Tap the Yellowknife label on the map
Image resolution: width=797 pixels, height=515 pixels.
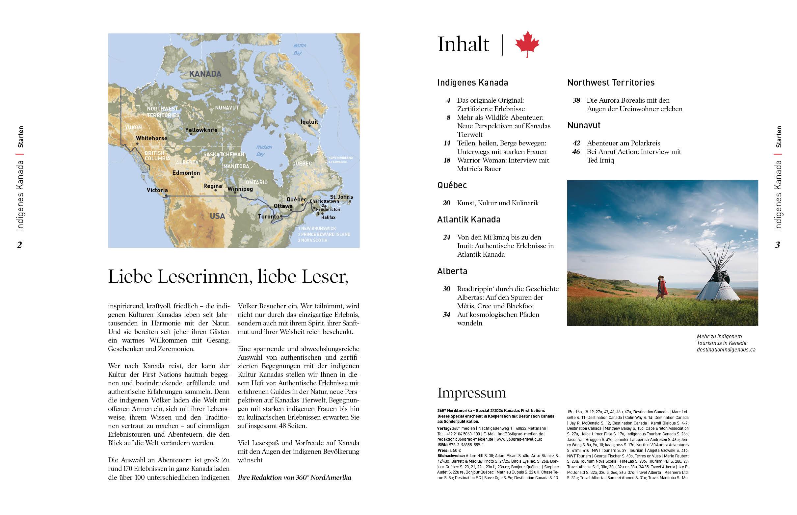tap(201, 130)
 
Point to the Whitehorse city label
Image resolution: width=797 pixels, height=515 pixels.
tap(151, 138)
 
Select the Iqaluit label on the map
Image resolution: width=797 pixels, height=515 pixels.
tap(309, 122)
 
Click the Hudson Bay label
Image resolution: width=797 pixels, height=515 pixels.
tap(264, 150)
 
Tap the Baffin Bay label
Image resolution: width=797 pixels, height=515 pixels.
tap(299, 49)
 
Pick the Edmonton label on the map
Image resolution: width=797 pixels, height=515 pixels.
tap(186, 173)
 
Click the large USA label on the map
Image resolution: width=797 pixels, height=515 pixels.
tap(217, 216)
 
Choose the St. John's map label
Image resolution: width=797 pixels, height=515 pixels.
tap(341, 197)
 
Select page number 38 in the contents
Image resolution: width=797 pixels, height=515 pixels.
tap(576, 100)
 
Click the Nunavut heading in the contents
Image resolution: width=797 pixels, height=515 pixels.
tap(584, 125)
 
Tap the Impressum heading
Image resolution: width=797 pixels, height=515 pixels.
tap(471, 393)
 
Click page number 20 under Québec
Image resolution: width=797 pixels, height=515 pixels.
tap(446, 203)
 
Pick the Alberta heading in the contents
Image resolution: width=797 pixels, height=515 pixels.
tap(452, 271)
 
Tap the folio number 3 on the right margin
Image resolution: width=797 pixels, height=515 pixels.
tap(778, 245)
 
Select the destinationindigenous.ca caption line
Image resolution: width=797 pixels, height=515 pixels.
tap(726, 350)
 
